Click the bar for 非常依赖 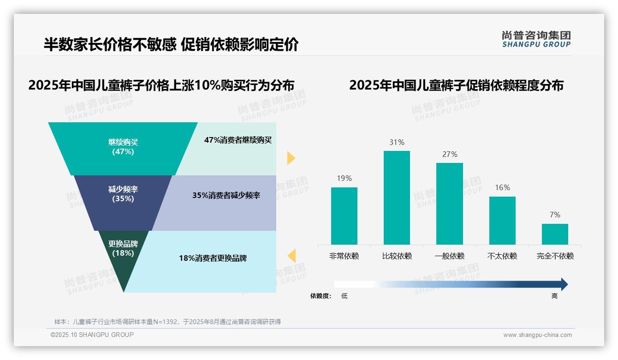coord(344,216)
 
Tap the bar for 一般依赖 coord(450,204)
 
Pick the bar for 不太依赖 coord(502,220)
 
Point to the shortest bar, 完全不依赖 coord(555,234)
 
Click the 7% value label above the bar coord(555,215)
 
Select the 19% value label coord(344,178)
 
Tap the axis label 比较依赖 coord(397,256)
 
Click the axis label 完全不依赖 coord(555,256)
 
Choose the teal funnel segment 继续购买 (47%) coord(123,148)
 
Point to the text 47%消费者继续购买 coord(238,140)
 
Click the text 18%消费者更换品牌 coord(213,258)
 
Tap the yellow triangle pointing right coord(291,158)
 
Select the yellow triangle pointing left coord(291,255)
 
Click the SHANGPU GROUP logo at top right coord(536,39)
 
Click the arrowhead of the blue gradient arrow coord(564,284)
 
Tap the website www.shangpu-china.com coord(537,335)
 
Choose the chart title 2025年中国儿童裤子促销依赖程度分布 coord(456,86)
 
